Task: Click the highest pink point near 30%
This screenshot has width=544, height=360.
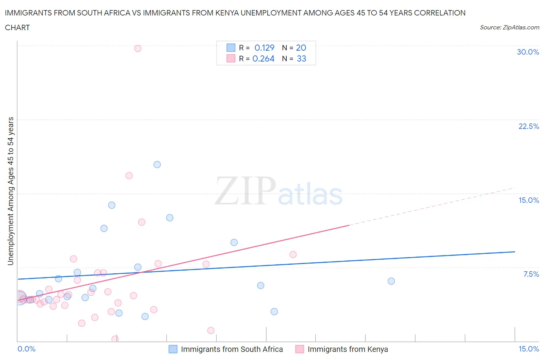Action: coord(138,48)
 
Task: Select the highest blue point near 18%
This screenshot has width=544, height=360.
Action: coord(157,165)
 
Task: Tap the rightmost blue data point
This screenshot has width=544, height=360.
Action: coord(391,281)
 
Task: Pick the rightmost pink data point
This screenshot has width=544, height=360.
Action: coord(293,254)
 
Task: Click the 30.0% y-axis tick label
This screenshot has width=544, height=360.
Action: coord(528,52)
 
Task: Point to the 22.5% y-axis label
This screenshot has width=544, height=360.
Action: coord(529,126)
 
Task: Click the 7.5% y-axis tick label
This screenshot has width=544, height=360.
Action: coord(531,274)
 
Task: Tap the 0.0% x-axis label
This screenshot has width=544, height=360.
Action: coord(26,349)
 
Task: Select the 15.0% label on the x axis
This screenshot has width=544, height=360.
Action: coord(529,349)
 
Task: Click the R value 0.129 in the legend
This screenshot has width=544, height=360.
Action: coord(264,48)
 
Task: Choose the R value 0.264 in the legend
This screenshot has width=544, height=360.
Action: coord(263,58)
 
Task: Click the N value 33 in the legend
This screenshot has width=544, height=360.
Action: coord(301,58)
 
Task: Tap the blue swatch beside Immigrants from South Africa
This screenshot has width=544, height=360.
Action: coord(173,349)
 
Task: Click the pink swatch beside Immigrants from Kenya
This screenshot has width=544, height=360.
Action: coord(299,349)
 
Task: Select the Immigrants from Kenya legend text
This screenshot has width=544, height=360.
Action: coord(347,349)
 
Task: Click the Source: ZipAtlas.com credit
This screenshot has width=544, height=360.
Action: coord(509,27)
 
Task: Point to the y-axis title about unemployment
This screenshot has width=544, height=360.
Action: coord(10,191)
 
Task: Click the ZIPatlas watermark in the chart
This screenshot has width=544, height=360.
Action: coord(279,191)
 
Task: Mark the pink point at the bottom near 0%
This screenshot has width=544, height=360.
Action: coord(115,339)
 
